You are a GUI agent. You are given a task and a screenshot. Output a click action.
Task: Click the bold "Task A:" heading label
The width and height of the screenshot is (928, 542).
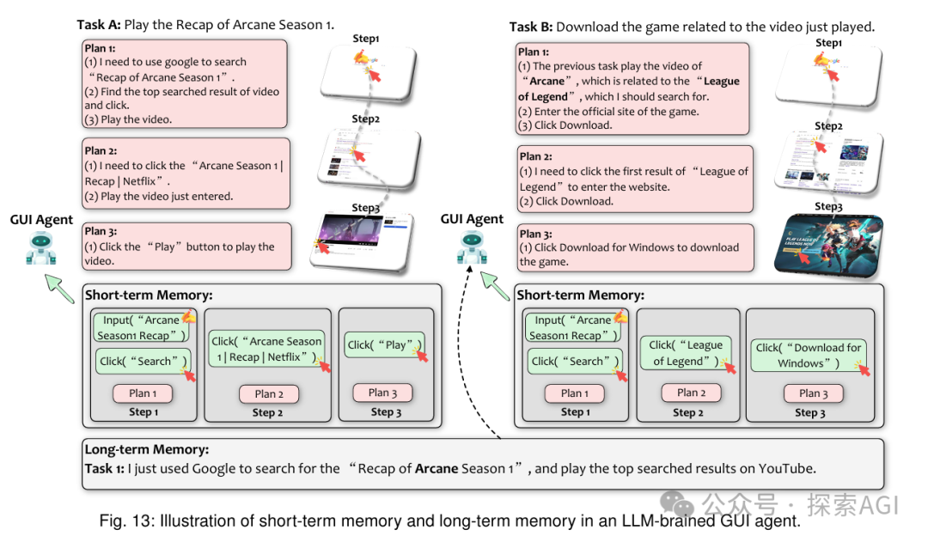click(99, 24)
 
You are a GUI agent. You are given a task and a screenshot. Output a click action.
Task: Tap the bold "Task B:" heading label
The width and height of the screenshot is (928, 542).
click(531, 27)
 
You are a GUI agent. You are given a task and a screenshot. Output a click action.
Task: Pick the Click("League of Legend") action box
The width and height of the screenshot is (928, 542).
click(685, 353)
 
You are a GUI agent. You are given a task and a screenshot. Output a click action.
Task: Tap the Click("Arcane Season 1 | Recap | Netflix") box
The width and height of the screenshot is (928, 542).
click(268, 349)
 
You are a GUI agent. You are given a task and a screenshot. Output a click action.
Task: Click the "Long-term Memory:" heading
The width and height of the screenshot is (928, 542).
click(146, 449)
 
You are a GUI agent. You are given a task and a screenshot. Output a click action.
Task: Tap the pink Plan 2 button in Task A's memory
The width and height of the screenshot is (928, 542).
click(268, 393)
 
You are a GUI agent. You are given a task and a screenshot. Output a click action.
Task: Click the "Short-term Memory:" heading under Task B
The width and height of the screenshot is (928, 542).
click(580, 295)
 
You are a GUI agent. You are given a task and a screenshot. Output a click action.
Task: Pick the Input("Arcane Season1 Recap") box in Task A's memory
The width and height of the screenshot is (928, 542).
click(142, 327)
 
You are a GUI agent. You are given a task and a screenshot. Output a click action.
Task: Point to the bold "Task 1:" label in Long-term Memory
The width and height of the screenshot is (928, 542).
click(105, 469)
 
